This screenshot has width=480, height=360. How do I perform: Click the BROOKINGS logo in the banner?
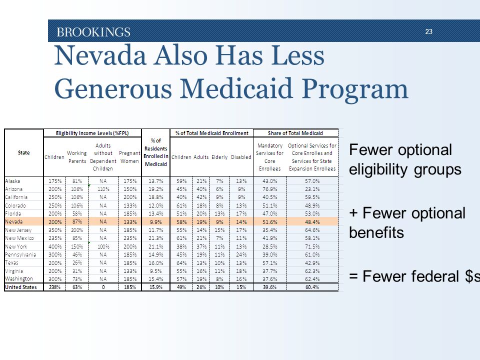tap(93, 32)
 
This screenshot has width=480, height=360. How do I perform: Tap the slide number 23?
tap(428, 31)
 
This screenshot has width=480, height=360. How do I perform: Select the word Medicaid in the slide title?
tap(235, 88)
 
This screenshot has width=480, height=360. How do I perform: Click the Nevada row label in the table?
tap(14, 221)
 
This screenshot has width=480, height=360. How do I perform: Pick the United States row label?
tap(21, 287)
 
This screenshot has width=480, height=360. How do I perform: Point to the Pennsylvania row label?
tap(20, 254)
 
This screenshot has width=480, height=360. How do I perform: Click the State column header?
tap(24, 152)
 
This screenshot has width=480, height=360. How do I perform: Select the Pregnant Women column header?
tap(129, 157)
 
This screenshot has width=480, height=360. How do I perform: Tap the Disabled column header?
tap(241, 157)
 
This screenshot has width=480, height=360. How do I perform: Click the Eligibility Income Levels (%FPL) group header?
tap(92, 133)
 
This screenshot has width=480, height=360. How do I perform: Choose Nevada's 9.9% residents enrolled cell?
tap(156, 222)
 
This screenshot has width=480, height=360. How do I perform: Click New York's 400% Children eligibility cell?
tap(55, 246)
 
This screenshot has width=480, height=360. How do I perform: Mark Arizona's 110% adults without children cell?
tap(103, 189)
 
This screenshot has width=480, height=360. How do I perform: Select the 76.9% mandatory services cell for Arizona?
tap(269, 189)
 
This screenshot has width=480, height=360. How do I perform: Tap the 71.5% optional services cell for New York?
tap(312, 246)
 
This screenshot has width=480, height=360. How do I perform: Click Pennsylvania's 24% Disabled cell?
tap(241, 254)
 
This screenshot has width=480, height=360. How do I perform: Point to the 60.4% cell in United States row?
tap(312, 287)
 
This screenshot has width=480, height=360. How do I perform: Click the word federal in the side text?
tap(410, 276)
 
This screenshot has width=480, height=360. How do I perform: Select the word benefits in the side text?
tap(376, 232)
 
